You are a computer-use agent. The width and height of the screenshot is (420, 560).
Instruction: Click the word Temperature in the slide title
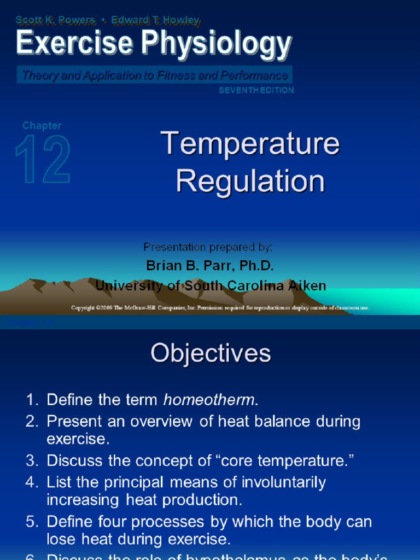coord(250,144)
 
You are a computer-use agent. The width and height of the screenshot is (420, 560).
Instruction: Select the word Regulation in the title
coord(250,182)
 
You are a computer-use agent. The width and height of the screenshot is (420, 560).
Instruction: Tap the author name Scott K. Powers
coord(55,20)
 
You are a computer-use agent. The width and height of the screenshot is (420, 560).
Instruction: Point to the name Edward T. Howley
coord(155,20)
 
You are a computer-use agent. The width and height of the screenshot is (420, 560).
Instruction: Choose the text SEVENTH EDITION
coord(256,90)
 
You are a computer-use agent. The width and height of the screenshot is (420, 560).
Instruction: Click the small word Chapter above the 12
coord(42,125)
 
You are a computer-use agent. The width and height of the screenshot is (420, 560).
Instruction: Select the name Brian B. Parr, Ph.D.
coord(210,266)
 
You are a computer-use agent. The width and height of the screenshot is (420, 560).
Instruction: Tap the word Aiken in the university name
coord(304,285)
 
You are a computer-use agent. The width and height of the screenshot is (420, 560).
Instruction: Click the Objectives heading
coord(211,353)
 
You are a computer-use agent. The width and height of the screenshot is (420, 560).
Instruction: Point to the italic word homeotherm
coord(209,400)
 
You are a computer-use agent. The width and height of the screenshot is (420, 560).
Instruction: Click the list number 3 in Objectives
coord(31,461)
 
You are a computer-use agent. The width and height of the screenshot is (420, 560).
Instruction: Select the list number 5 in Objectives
coord(31,522)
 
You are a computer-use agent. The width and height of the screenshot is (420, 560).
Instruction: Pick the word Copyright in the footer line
coord(83,308)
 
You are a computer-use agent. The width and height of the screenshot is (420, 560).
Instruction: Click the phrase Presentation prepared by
coord(208,247)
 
